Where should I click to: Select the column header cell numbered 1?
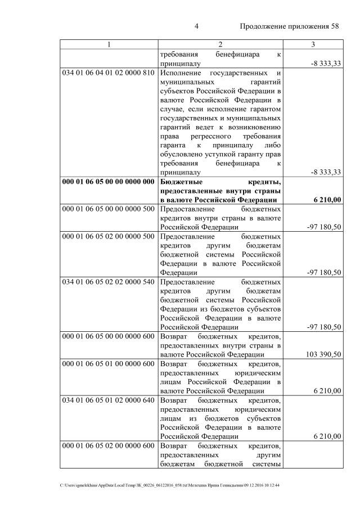point(109,44)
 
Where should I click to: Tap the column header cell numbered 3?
point(313,44)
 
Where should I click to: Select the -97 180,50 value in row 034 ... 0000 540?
point(322,327)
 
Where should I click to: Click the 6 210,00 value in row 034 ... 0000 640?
point(325,436)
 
